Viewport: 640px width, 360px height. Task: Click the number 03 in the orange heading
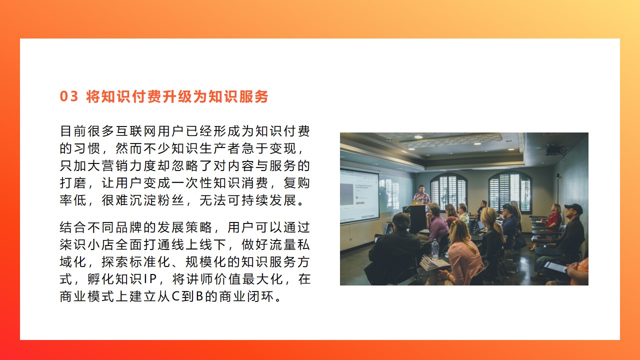[x=69, y=96]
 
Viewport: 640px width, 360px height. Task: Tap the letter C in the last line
[x=175, y=296]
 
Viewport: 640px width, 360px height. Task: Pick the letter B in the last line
[x=199, y=296]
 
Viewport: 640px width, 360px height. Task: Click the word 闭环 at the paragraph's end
[x=260, y=296]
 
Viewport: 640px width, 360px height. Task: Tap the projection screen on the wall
[x=359, y=197]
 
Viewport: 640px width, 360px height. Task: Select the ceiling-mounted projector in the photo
[x=554, y=150]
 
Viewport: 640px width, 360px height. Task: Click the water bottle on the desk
[x=434, y=249]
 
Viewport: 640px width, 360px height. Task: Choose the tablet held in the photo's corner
[x=554, y=267]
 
